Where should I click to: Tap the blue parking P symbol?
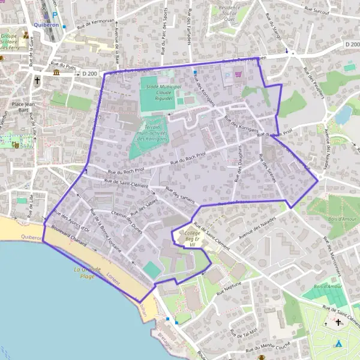click(x=55, y=15)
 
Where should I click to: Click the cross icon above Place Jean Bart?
click(x=37, y=79)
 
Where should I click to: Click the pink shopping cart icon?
click(x=239, y=74)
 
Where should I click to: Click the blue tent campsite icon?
click(x=338, y=344)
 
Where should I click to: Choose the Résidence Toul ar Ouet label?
click(x=229, y=13)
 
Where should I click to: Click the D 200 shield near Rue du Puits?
click(x=89, y=73)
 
